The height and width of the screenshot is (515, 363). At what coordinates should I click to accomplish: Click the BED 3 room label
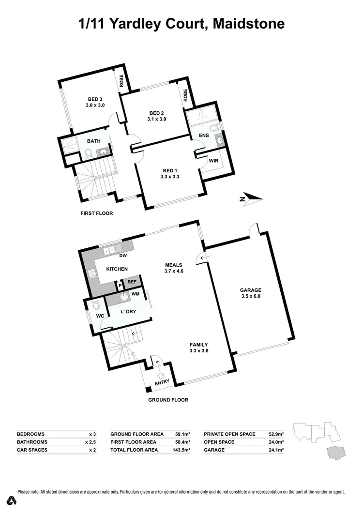[x=95, y=99]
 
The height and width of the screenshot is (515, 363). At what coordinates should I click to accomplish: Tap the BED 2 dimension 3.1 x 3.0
[x=156, y=119]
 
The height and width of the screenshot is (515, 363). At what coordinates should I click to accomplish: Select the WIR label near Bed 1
[x=214, y=160]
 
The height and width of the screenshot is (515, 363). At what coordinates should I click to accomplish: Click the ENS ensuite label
[x=204, y=135]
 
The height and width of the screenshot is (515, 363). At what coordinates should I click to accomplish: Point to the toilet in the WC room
[x=95, y=306]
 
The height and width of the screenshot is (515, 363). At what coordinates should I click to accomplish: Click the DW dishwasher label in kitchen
[x=122, y=256]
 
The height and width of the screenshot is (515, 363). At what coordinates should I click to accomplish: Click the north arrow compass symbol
[x=251, y=197]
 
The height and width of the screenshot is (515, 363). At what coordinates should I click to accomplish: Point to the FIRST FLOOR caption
[x=96, y=213]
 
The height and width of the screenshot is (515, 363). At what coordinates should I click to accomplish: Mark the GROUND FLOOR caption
[x=168, y=400]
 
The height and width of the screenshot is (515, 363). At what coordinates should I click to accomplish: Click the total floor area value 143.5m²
[x=182, y=450]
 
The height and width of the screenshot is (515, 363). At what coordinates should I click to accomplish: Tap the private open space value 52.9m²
[x=275, y=434]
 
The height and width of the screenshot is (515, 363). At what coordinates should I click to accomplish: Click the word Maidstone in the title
[x=246, y=23]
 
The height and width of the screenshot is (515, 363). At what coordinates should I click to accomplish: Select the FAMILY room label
[x=198, y=345]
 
